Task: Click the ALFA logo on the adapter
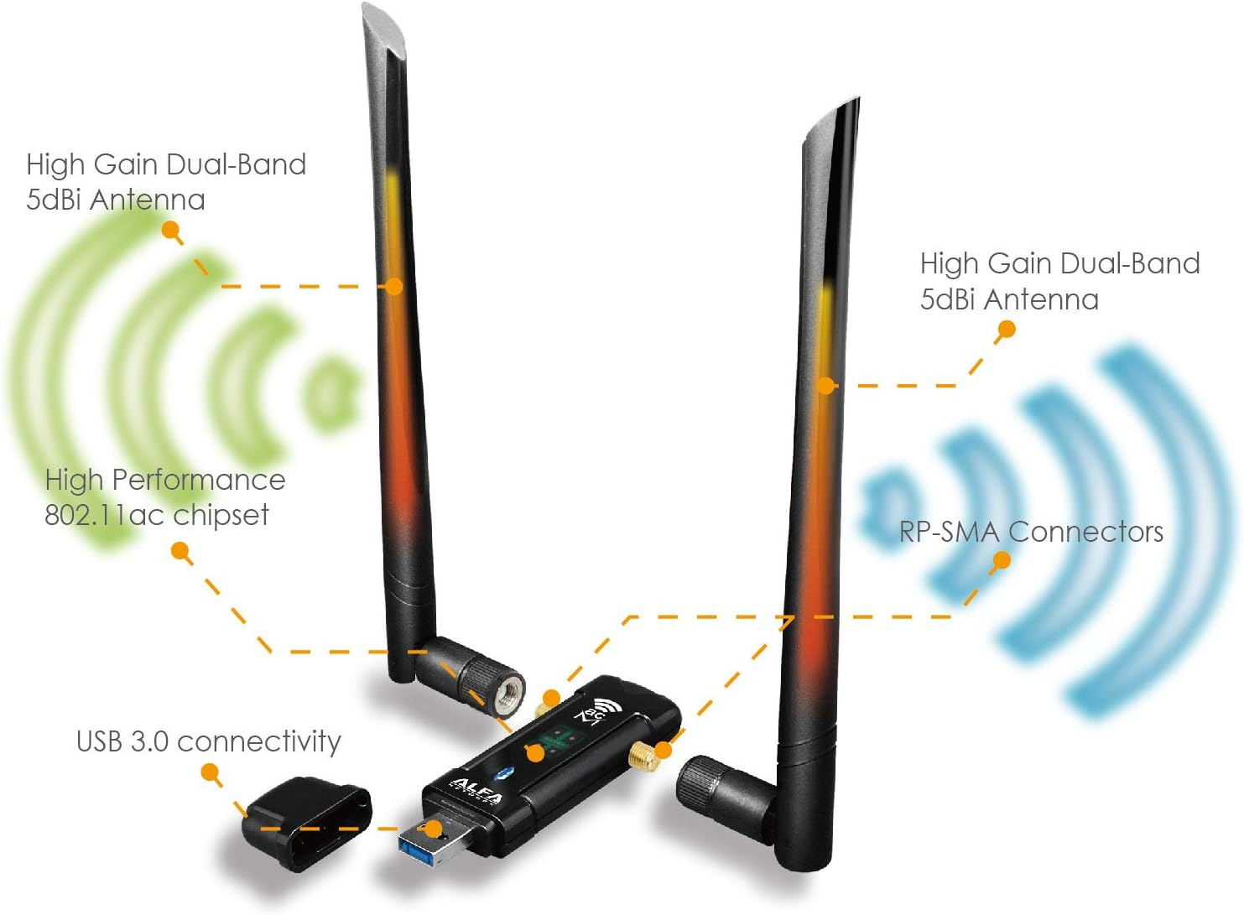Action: click(x=477, y=788)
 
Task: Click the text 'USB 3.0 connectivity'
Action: click(x=208, y=741)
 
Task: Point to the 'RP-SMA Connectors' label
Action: click(x=1030, y=532)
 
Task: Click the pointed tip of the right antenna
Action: click(x=854, y=104)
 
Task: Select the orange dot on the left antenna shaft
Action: click(x=394, y=287)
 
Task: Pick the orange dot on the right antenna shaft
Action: click(x=826, y=386)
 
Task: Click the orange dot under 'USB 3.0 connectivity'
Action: click(x=211, y=772)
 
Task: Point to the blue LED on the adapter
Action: click(x=504, y=771)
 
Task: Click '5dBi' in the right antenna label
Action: click(x=948, y=299)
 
